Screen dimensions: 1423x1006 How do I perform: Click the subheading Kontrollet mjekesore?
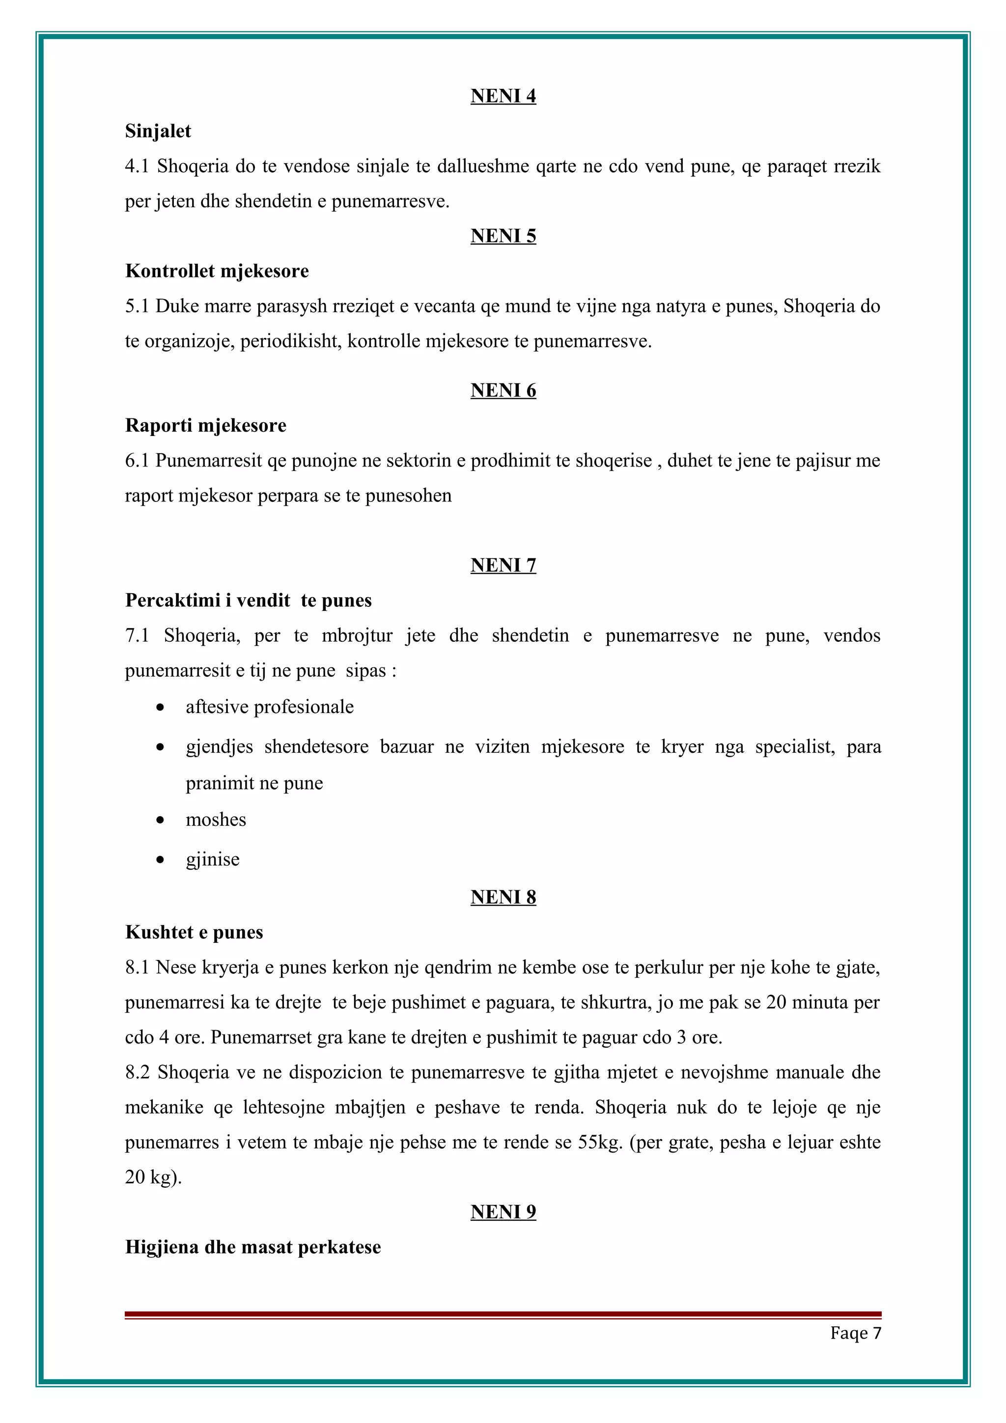pyautogui.click(x=217, y=271)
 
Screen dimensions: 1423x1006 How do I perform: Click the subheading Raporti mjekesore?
pyautogui.click(x=205, y=425)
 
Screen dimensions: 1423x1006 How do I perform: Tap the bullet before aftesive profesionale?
pyautogui.click(x=161, y=707)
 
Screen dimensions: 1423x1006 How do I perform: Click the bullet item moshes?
pyautogui.click(x=216, y=820)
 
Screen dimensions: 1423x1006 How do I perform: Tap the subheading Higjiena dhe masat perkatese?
pyautogui.click(x=253, y=1247)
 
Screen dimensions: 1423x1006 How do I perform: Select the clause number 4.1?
pyautogui.click(x=137, y=166)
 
